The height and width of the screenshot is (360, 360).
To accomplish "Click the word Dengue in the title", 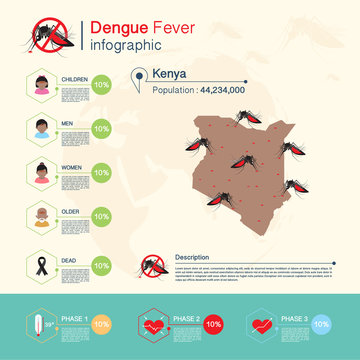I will pyautogui.click(x=114, y=28).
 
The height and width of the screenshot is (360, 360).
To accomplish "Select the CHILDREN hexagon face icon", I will pyautogui.click(x=42, y=86).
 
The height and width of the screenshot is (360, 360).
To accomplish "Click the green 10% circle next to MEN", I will pyautogui.click(x=101, y=128).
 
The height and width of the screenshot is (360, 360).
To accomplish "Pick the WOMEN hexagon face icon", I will pyautogui.click(x=42, y=171).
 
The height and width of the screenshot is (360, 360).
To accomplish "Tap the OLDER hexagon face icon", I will pyautogui.click(x=42, y=214).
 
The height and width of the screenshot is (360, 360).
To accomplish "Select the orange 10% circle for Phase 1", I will pyautogui.click(x=101, y=326).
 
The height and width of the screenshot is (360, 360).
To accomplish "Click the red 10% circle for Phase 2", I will pyautogui.click(x=213, y=326).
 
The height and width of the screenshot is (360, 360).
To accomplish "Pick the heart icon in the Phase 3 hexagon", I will pyautogui.click(x=263, y=326).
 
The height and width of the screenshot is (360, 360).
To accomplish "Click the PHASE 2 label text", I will pyautogui.click(x=186, y=319).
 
